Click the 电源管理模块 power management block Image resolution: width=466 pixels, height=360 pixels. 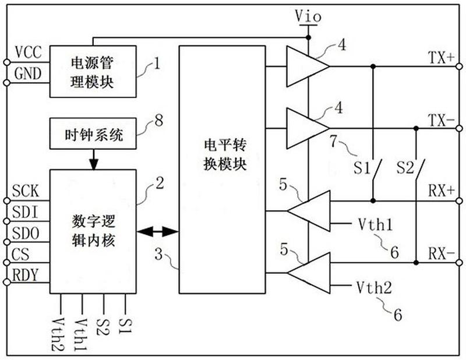(93, 71)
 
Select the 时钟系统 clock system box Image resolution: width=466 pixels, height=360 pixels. (93, 136)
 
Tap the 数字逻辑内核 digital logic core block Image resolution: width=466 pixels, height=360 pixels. (93, 231)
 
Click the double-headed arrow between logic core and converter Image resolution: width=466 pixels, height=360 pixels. (158, 232)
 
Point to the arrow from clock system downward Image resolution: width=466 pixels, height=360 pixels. (93, 160)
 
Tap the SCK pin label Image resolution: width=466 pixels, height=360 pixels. (26, 190)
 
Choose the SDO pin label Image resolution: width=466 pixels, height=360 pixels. (26, 234)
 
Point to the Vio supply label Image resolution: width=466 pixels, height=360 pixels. (308, 16)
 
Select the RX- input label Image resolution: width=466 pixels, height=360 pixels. (441, 253)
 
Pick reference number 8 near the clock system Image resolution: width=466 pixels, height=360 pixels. (158, 121)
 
